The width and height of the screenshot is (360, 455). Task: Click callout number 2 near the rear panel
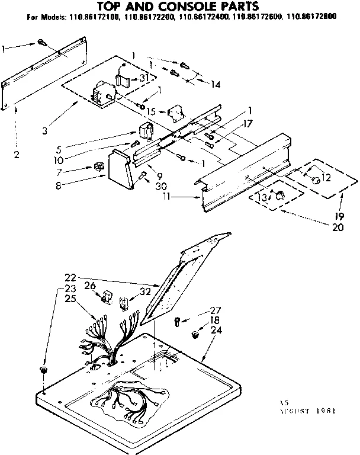pyautogui.click(x=17, y=155)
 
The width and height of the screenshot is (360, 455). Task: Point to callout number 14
pyautogui.click(x=215, y=85)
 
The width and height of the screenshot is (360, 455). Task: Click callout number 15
pyautogui.click(x=151, y=111)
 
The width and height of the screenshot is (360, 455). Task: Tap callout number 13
pyautogui.click(x=259, y=198)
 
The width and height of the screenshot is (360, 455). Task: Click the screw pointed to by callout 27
pyautogui.click(x=176, y=321)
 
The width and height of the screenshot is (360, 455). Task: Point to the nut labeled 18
pyautogui.click(x=196, y=336)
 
